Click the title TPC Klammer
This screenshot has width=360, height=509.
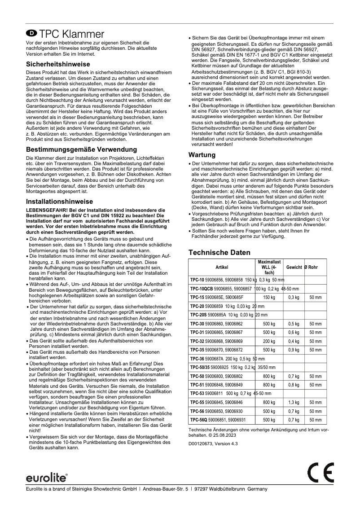pyautogui.click(x=71, y=34)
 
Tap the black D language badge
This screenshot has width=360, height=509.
pyautogui.click(x=31, y=33)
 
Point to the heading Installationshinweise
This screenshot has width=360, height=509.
pyautogui.click(x=59, y=202)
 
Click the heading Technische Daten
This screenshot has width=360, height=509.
pyautogui.click(x=219, y=253)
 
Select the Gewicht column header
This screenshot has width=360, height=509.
pyautogui.click(x=294, y=267)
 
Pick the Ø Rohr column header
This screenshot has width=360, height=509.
pyautogui.click(x=311, y=267)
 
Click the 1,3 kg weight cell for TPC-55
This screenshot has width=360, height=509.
pyautogui.click(x=294, y=402)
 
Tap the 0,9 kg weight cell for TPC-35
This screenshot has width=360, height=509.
pyautogui.click(x=294, y=350)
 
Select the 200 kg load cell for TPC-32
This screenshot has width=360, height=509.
pyautogui.click(x=269, y=341)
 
